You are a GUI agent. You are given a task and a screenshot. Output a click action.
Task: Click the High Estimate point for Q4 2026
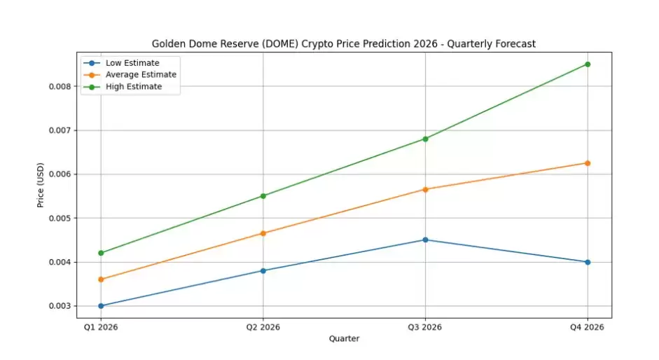click(587, 64)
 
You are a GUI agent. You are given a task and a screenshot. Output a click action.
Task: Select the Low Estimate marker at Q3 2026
click(425, 240)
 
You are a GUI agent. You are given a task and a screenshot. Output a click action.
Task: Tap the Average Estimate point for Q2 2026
click(263, 233)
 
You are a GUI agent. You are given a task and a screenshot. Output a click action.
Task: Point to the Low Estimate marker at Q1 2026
click(101, 306)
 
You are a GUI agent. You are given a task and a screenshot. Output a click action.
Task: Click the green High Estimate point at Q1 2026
click(101, 253)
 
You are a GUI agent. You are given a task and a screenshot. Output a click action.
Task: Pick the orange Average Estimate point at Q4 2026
click(587, 163)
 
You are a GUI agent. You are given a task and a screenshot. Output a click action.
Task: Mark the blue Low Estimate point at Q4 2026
click(587, 262)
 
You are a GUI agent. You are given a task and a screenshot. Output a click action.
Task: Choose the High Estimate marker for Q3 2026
click(425, 139)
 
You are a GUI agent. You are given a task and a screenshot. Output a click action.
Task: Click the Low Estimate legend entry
click(132, 63)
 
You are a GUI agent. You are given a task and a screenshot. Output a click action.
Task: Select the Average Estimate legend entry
click(141, 75)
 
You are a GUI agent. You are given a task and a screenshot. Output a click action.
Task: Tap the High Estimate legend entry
click(133, 87)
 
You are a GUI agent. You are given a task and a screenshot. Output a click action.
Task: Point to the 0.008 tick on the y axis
click(61, 86)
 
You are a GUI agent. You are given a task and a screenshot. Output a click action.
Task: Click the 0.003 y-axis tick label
click(61, 306)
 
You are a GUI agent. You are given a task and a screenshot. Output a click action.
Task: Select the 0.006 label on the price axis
click(61, 174)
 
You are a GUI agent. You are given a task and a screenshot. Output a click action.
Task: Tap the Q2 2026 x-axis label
click(263, 327)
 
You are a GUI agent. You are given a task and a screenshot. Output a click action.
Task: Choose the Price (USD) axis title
click(41, 185)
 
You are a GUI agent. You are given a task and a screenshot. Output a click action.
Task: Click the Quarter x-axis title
click(344, 339)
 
